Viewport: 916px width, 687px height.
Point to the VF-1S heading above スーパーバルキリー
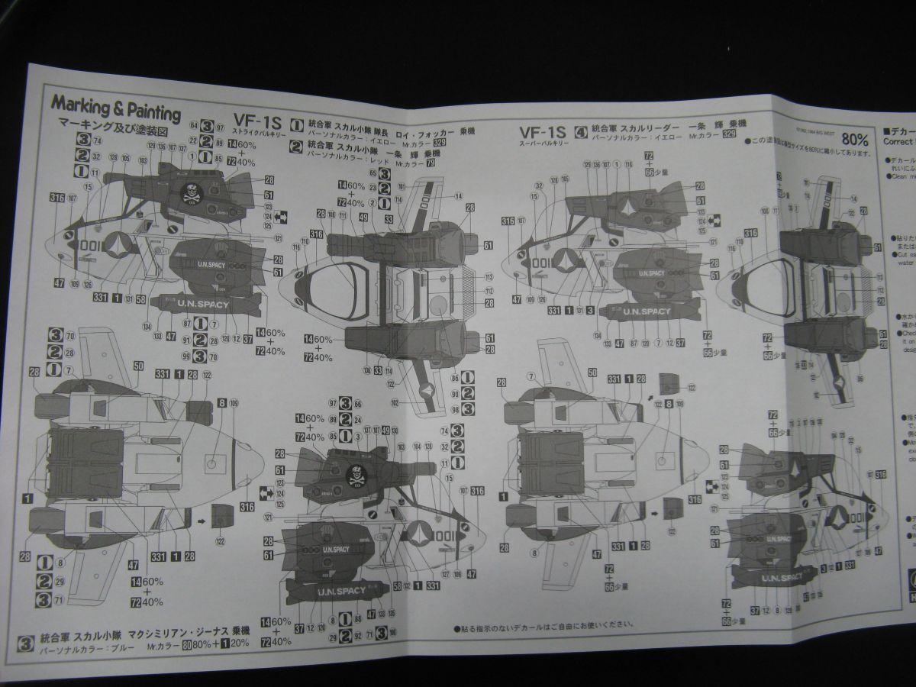click(541, 131)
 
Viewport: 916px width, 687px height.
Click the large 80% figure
click(855, 140)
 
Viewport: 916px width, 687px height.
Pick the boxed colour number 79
click(431, 163)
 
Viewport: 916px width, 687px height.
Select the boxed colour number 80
click(186, 643)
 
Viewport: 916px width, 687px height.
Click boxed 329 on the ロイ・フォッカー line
click(439, 142)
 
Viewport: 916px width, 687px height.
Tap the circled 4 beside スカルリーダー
click(581, 131)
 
